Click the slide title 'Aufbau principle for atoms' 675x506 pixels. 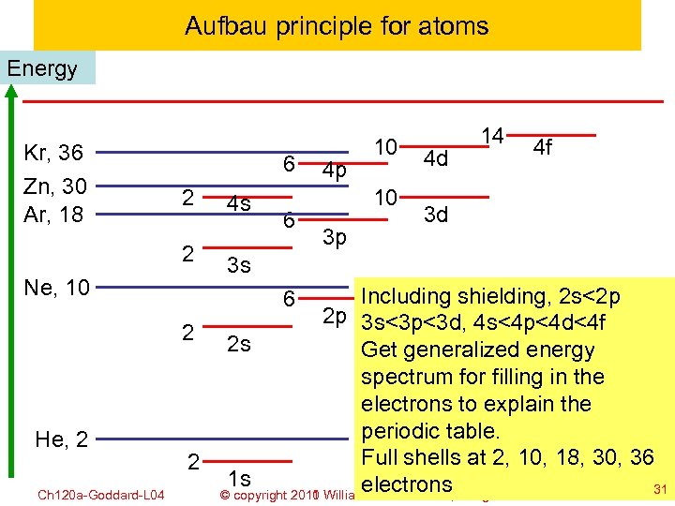(x=337, y=25)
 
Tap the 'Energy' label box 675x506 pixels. (x=42, y=69)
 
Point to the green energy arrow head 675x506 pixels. (x=11, y=91)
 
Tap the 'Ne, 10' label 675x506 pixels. (x=58, y=287)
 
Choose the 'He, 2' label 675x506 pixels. (x=62, y=438)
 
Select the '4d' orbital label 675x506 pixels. (x=436, y=159)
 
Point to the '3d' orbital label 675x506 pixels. (x=436, y=215)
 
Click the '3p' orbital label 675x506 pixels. (x=334, y=237)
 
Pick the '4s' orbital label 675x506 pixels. (x=239, y=203)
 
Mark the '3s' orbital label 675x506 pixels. (x=239, y=266)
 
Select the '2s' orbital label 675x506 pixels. (x=239, y=344)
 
